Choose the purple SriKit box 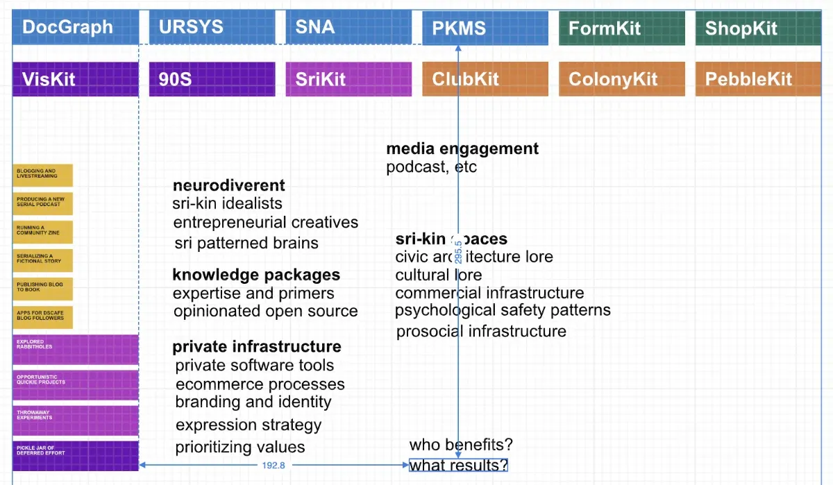(x=348, y=78)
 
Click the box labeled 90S (x=212, y=78)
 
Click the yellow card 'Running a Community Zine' (x=43, y=232)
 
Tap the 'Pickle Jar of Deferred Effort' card (x=76, y=455)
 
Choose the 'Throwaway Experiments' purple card (x=76, y=420)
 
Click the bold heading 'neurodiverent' (x=228, y=185)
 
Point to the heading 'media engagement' (x=462, y=148)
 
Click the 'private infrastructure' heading (x=257, y=346)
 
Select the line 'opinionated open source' (x=266, y=312)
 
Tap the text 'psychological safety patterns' (x=503, y=310)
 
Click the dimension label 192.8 (x=274, y=465)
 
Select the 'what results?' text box (x=458, y=465)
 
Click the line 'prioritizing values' (x=240, y=447)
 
